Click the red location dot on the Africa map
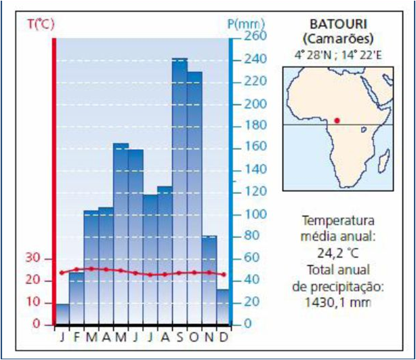tap(337, 120)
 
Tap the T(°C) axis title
tap(40, 25)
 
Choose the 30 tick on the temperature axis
tap(33, 258)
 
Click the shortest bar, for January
tap(62, 313)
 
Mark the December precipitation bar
tap(223, 306)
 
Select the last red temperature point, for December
tap(224, 275)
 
